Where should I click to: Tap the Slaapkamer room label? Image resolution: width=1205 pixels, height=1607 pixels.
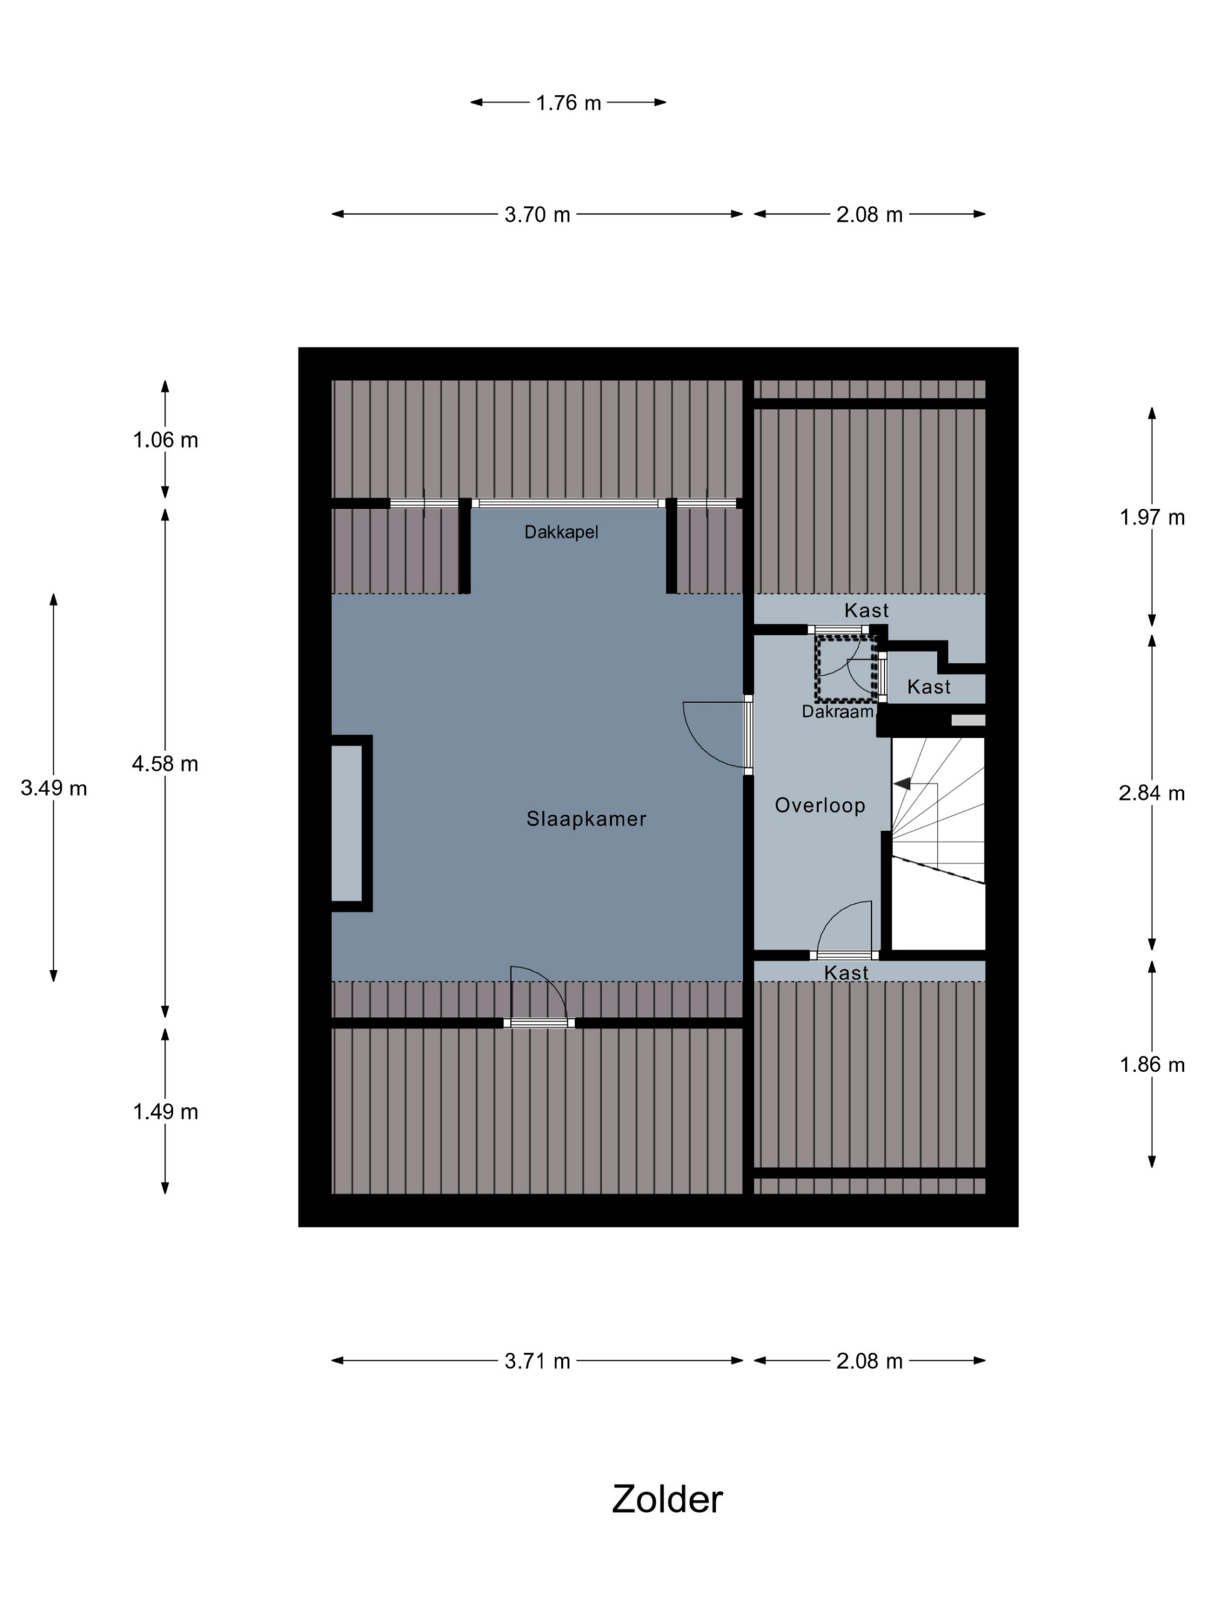(586, 819)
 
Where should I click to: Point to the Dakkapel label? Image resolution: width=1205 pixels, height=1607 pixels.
(562, 532)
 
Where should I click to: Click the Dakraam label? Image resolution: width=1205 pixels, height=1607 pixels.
(837, 711)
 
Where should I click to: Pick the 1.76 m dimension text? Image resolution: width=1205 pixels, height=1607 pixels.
(569, 103)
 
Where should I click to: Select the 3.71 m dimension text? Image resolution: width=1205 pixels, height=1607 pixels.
(537, 1362)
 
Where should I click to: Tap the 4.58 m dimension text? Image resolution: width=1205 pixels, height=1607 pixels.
(165, 763)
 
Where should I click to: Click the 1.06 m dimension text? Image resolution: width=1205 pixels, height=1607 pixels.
(166, 440)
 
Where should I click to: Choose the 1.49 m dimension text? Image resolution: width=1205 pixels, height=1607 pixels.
(166, 1112)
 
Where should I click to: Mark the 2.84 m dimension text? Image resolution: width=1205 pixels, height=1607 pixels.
(1151, 793)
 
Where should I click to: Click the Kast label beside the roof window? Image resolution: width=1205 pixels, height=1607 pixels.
(928, 687)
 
